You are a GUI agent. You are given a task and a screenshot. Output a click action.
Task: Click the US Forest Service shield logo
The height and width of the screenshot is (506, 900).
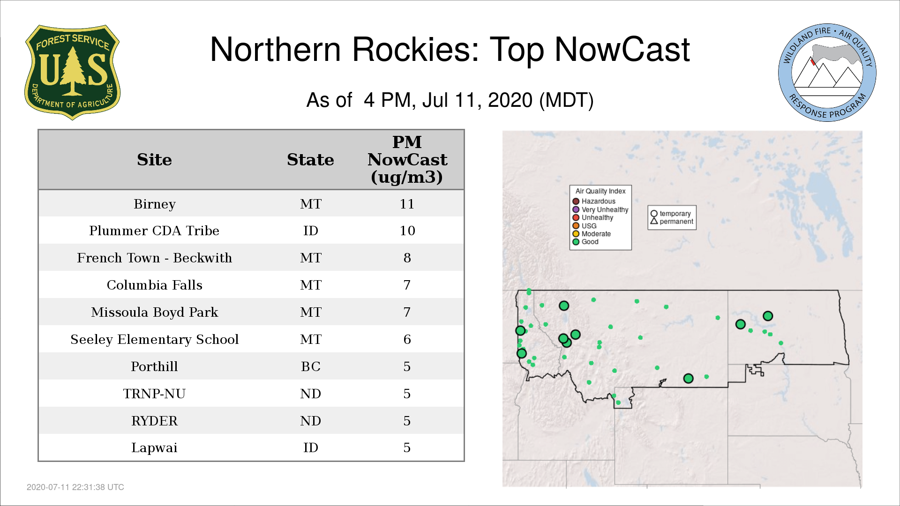[72, 72]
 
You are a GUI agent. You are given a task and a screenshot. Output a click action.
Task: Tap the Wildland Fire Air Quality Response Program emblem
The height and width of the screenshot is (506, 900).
[827, 73]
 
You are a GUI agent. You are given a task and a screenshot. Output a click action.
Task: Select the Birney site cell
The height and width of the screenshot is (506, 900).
[155, 204]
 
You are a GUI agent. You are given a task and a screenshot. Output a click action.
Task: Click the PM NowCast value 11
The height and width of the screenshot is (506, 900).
[407, 204]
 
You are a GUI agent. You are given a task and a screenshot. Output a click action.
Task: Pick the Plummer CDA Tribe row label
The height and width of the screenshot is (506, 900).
[154, 231]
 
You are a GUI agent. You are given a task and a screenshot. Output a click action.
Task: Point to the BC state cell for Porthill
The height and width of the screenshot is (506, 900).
[311, 367]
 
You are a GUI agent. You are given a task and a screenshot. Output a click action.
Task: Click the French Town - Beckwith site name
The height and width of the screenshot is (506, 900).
[155, 258]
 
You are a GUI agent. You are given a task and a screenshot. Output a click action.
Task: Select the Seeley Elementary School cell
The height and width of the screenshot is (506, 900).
[155, 340]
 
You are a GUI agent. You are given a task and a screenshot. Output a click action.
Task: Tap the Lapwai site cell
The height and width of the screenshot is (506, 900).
[154, 448]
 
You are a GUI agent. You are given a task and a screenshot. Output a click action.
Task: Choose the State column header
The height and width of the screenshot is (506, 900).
[310, 160]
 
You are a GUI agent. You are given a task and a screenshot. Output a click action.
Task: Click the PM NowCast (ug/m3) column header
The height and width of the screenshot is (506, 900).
[407, 160]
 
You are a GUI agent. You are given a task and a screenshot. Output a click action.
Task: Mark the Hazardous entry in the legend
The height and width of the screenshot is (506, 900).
[594, 201]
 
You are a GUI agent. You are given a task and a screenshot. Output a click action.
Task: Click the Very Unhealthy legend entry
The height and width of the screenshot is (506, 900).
[600, 210]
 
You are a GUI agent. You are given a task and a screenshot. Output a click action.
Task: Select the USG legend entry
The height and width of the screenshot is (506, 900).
[585, 226]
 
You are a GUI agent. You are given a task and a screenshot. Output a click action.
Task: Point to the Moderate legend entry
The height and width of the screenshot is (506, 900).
[592, 234]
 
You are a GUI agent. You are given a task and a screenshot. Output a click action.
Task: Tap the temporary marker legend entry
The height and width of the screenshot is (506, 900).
[671, 214]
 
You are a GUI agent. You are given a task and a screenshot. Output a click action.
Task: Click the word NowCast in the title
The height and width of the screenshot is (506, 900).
[622, 50]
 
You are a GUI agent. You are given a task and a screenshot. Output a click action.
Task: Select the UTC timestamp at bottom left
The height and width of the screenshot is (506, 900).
[75, 487]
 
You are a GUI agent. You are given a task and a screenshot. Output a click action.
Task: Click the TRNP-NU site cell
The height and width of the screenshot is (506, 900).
[154, 394]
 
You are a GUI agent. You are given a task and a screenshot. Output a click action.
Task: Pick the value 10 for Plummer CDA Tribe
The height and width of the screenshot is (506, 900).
[407, 231]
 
